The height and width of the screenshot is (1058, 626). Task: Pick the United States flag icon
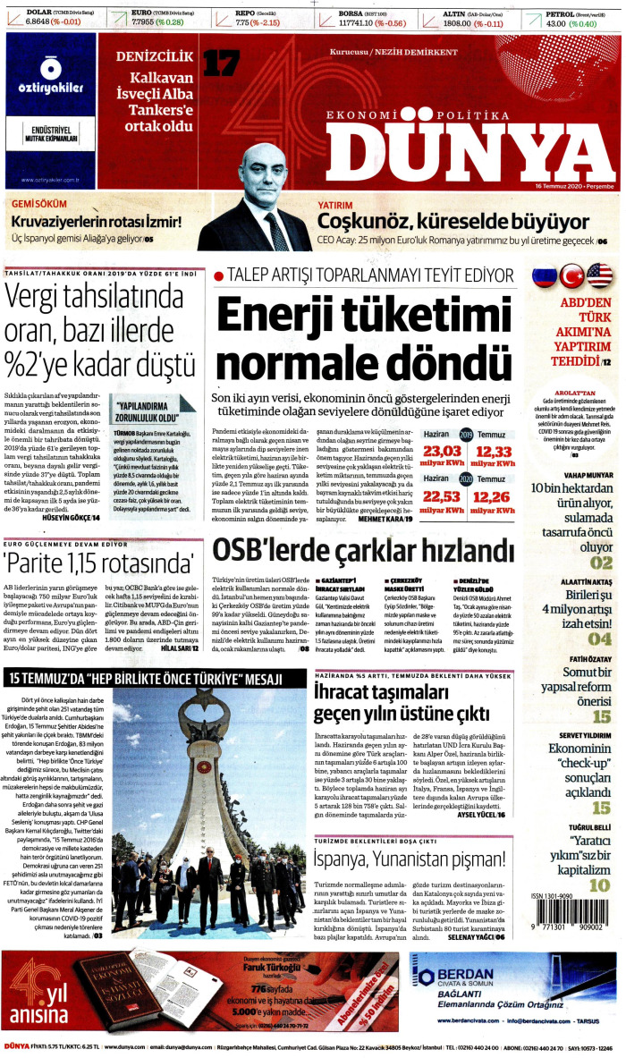pyautogui.click(x=599, y=276)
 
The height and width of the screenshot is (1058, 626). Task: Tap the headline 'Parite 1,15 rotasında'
pyautogui.click(x=100, y=563)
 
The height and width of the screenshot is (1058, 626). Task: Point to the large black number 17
pyautogui.click(x=219, y=64)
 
